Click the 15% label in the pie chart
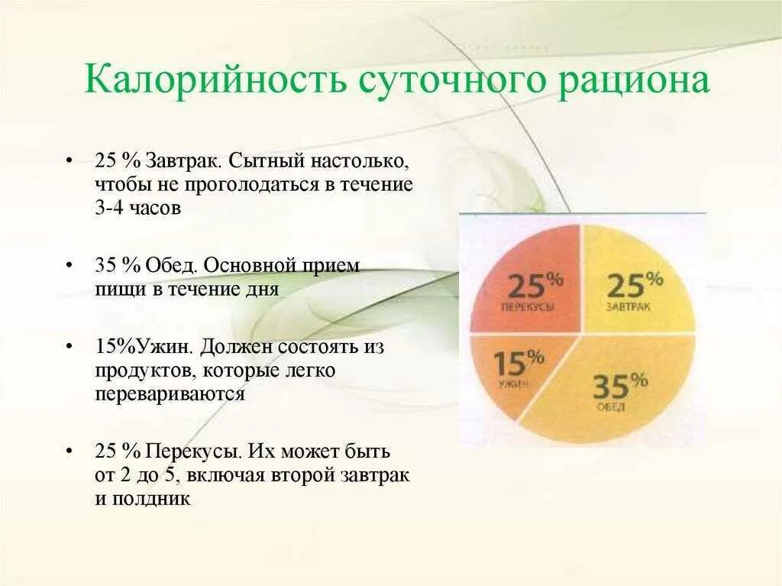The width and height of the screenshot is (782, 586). point(518,361)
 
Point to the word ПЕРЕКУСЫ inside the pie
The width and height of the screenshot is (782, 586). point(528,306)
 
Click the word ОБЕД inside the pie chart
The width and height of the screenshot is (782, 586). point(612,406)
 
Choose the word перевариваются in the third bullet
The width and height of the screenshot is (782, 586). point(170,394)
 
